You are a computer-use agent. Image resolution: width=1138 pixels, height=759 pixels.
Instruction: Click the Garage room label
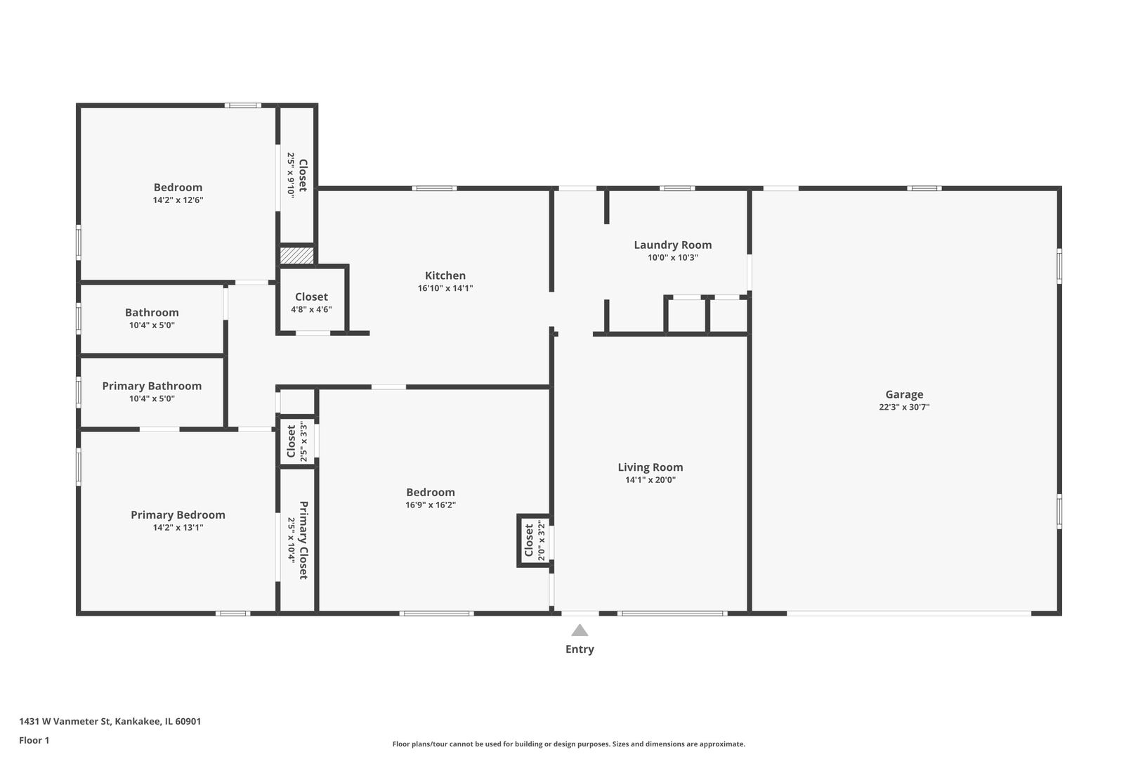click(x=904, y=394)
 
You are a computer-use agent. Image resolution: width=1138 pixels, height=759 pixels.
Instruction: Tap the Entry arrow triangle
click(x=580, y=630)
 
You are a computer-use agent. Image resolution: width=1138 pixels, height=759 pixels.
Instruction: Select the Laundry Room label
click(x=672, y=245)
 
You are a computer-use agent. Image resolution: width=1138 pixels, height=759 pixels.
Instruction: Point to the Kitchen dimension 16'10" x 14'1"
click(x=445, y=288)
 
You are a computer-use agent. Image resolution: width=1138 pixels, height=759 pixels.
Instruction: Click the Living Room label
click(x=650, y=467)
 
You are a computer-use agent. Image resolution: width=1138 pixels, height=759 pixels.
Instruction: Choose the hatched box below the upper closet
click(x=297, y=255)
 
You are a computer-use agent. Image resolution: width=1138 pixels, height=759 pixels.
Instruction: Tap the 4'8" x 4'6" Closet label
click(x=311, y=297)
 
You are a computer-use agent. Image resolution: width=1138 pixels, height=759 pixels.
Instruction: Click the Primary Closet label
click(x=303, y=540)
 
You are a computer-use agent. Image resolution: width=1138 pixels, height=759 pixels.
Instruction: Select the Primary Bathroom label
click(x=152, y=386)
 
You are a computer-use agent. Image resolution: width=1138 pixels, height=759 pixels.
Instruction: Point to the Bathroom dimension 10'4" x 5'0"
click(x=152, y=325)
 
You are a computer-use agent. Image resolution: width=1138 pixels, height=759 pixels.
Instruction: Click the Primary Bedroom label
click(x=178, y=515)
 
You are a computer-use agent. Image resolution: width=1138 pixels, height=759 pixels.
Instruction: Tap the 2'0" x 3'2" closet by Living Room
click(x=534, y=540)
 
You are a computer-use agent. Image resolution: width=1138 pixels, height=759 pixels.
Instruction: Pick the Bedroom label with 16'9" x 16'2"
click(x=431, y=493)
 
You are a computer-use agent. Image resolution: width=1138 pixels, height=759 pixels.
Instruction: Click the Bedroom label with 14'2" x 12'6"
click(x=178, y=188)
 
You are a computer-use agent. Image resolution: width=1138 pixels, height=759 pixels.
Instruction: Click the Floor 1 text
click(x=34, y=740)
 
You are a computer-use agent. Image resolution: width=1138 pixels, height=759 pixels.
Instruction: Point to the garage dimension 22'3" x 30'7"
click(x=904, y=407)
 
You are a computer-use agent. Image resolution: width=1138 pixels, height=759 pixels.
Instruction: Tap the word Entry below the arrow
click(x=580, y=649)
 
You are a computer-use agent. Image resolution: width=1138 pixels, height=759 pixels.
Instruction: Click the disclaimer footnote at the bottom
click(x=568, y=744)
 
